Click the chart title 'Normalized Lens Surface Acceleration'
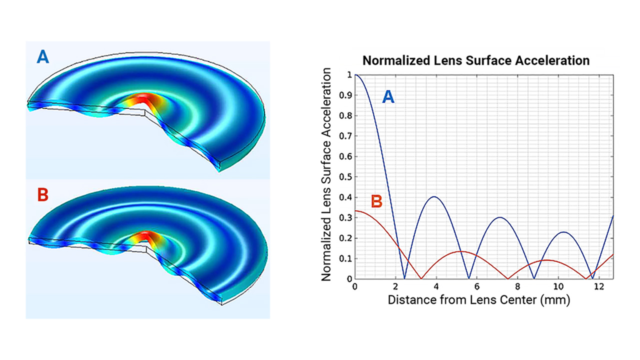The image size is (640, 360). (x=476, y=61)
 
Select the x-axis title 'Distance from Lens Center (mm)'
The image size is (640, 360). (x=478, y=300)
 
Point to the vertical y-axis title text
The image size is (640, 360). (x=326, y=175)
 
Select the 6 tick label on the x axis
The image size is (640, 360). (x=477, y=286)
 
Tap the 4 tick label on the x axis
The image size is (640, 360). (x=436, y=286)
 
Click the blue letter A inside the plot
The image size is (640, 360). (x=388, y=97)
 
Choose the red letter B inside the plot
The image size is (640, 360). (x=376, y=201)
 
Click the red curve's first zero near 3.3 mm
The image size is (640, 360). (x=421, y=278)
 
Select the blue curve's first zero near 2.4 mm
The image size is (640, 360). (x=404, y=278)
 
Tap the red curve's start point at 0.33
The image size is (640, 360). (x=355, y=211)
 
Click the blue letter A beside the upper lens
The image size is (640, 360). (x=43, y=57)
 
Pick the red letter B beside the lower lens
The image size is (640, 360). (x=43, y=195)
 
